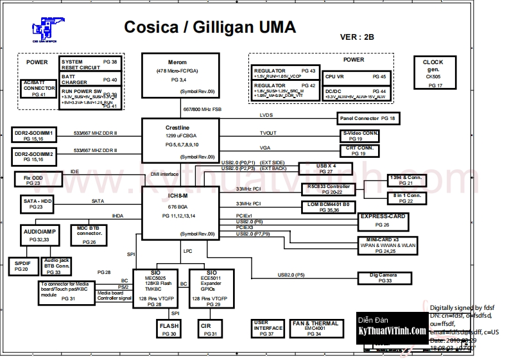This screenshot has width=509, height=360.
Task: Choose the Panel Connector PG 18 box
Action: coord(367,119)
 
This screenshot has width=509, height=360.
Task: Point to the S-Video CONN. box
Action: coord(360,135)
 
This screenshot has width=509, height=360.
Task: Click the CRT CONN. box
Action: coord(360,151)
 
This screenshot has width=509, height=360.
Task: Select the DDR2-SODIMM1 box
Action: coord(35,135)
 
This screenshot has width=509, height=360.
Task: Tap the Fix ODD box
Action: coord(33,179)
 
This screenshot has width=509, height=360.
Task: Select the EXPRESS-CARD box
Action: coord(383,221)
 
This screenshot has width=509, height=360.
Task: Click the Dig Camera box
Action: coord(384,277)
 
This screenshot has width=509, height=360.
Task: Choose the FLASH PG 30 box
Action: coord(169,330)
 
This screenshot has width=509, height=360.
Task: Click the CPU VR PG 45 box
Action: coord(356,76)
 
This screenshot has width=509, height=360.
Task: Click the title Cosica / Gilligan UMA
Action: coord(209,27)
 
